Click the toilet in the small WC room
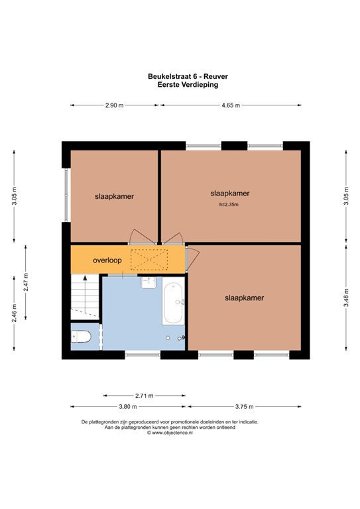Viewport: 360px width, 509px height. click(x=81, y=336)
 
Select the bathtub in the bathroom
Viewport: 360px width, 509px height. click(x=173, y=301)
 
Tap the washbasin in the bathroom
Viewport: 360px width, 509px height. click(x=149, y=282)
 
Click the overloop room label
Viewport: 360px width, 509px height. click(x=107, y=260)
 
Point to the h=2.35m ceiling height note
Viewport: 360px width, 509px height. click(x=229, y=205)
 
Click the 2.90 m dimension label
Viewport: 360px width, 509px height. click(x=114, y=105)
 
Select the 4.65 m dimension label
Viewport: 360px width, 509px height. click(x=231, y=105)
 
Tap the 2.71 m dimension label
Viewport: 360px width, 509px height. click(x=144, y=396)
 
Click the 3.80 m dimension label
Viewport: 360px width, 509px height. click(x=127, y=406)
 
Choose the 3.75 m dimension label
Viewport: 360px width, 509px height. click(x=244, y=406)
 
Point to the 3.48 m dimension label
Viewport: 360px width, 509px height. click(x=346, y=298)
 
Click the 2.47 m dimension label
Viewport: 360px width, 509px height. click(x=26, y=282)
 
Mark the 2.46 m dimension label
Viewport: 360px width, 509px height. click(x=15, y=313)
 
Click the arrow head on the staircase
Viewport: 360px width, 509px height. click(x=85, y=278)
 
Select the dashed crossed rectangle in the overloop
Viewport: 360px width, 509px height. click(x=149, y=260)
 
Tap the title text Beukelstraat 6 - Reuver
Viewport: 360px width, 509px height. click(x=188, y=77)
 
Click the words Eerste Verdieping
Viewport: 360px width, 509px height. click(x=188, y=85)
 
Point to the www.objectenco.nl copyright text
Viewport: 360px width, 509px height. click(x=170, y=433)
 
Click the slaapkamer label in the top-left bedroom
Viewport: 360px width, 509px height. click(x=114, y=196)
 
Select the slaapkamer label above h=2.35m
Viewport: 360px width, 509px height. click(x=230, y=194)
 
